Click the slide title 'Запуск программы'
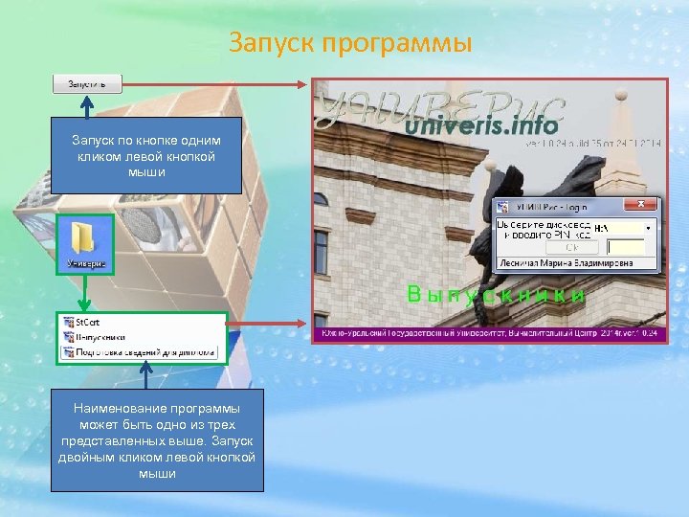(350, 43)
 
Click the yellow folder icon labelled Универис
(85, 239)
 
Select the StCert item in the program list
(89, 323)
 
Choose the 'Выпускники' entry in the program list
(100, 337)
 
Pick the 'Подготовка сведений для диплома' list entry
(140, 351)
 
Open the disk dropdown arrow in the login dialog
(648, 229)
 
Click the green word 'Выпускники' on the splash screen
(496, 295)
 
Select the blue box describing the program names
(157, 440)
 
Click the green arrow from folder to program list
(85, 290)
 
